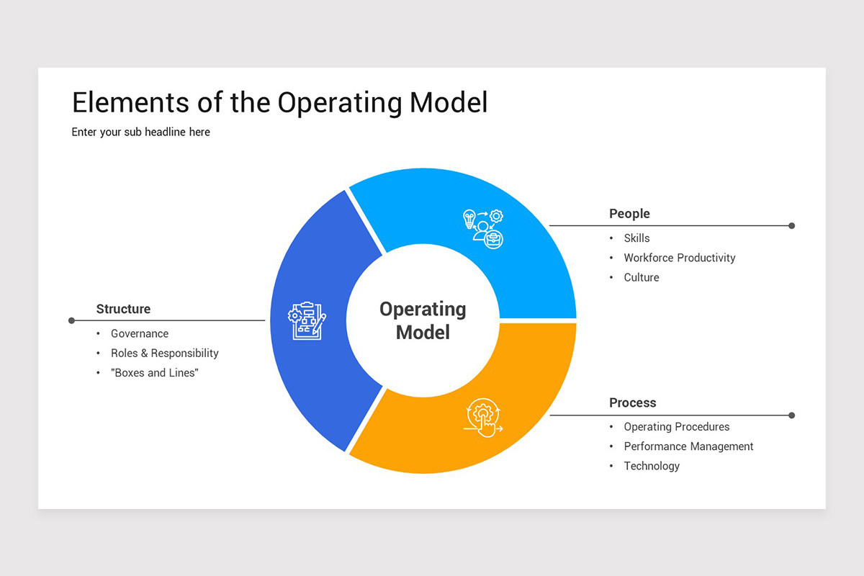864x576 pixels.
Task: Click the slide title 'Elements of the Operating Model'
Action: [x=279, y=103]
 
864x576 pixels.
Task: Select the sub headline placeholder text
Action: [x=140, y=132]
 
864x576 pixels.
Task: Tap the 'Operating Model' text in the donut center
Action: [x=423, y=320]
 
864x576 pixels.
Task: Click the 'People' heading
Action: [x=629, y=214]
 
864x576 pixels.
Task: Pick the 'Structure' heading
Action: [x=123, y=309]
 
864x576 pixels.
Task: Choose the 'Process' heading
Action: [x=632, y=402]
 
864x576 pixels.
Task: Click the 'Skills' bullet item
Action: [x=636, y=238]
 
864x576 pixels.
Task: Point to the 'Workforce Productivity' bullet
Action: [x=679, y=258]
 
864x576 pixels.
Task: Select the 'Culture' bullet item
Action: [x=641, y=277]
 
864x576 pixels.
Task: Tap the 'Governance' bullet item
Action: [x=139, y=333]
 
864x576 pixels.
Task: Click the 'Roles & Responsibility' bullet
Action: [x=164, y=353]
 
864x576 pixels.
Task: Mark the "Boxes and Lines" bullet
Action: [x=154, y=373]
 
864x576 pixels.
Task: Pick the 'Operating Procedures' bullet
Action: [x=676, y=427]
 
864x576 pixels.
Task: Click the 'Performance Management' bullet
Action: [x=688, y=446]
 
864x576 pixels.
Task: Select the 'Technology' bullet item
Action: [x=652, y=466]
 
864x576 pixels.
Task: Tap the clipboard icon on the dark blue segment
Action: [x=307, y=320]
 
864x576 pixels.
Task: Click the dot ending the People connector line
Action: [x=791, y=225]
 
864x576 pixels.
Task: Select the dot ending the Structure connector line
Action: [x=71, y=320]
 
